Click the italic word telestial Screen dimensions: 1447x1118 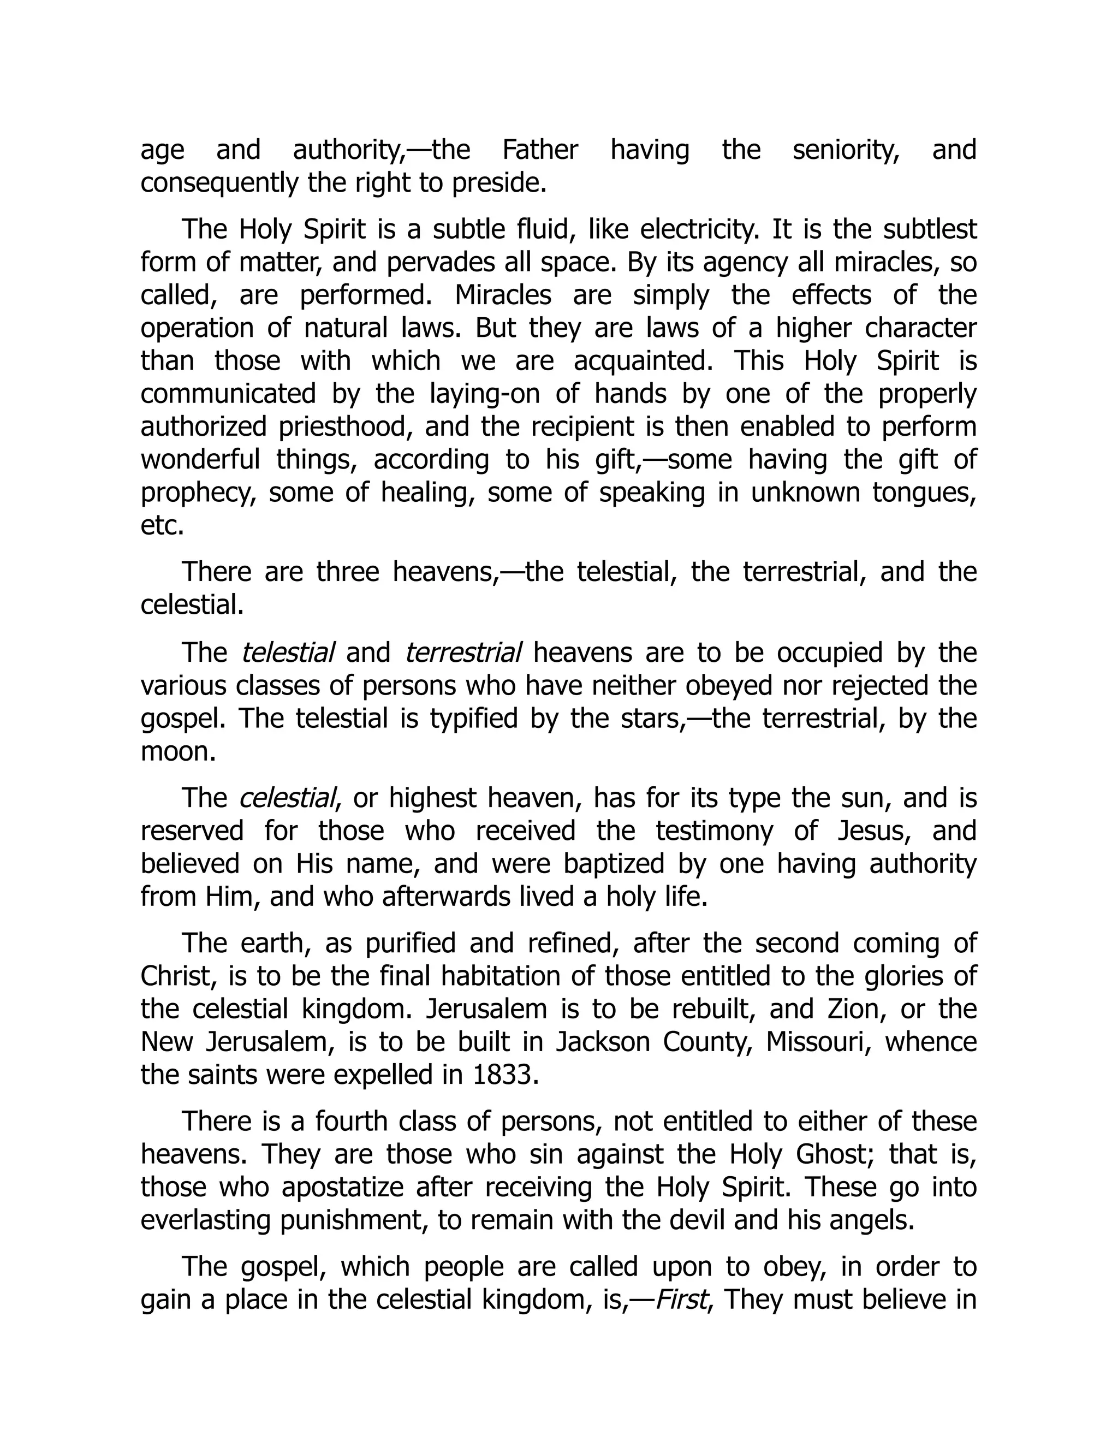(x=288, y=653)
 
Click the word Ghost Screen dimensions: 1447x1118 (x=831, y=1154)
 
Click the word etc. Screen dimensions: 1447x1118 (x=162, y=526)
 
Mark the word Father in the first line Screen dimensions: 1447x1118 (x=540, y=150)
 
